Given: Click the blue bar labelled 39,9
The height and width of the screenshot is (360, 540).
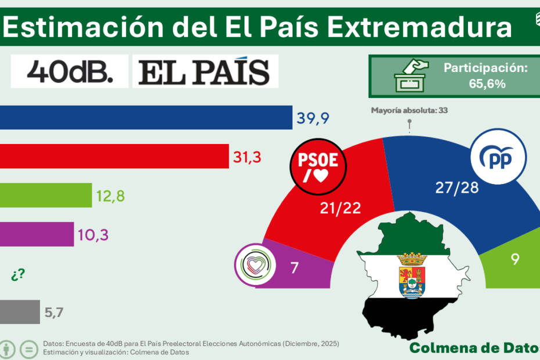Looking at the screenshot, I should (145, 117).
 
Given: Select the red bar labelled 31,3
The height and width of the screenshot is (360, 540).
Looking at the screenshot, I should (114, 156).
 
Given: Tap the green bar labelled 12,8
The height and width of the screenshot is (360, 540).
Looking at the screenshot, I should (46, 195).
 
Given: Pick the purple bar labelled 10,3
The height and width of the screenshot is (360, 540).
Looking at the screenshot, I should (37, 234).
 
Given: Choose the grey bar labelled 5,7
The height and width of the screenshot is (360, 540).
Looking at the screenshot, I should (20, 312).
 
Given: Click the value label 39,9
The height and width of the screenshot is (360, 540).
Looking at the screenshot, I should (314, 118).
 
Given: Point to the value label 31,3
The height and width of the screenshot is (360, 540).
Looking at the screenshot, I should (247, 156).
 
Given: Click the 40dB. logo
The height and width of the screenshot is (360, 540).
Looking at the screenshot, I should (70, 72).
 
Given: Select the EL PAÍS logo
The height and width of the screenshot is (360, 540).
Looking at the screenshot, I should (205, 72).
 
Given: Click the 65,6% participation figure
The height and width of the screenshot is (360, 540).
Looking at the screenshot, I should (487, 84).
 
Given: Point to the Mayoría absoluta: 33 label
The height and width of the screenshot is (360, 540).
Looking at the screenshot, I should (409, 110).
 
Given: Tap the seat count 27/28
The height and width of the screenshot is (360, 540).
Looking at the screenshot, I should (457, 188).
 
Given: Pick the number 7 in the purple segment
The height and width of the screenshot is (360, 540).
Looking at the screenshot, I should (294, 267).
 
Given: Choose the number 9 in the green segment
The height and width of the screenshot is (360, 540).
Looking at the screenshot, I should (514, 260).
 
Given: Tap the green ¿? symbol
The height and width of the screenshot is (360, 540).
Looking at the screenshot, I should (17, 275).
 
